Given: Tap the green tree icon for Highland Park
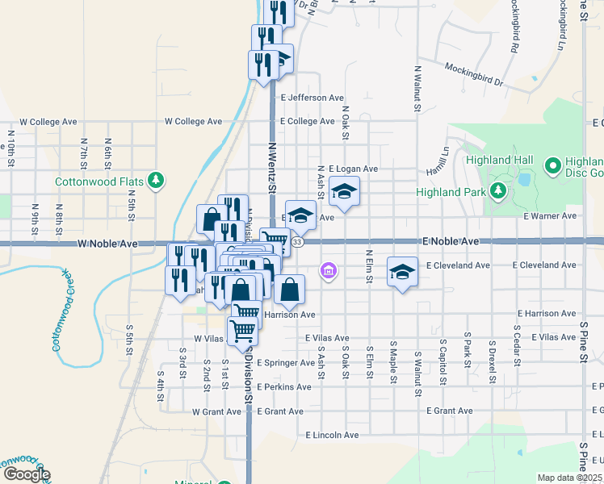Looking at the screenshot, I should (x=498, y=191).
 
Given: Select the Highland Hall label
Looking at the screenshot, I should (x=497, y=159).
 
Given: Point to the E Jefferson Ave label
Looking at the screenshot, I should (x=312, y=98).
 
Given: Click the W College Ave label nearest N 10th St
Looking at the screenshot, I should (x=48, y=122).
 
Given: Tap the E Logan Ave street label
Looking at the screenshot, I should (x=353, y=169).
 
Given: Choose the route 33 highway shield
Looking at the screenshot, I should (x=298, y=242).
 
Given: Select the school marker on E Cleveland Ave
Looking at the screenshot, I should (x=401, y=271).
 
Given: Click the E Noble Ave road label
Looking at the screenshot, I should (x=451, y=241).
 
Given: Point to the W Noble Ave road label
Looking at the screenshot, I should (x=108, y=243).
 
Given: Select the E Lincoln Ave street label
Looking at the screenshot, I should (x=332, y=435).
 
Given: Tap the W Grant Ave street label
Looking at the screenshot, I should (x=216, y=411).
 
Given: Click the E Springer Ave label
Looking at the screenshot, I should (x=286, y=363).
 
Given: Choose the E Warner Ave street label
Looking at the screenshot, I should (x=549, y=216).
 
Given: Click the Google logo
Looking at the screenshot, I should (x=26, y=474).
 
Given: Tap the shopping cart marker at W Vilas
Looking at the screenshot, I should (x=241, y=329).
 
